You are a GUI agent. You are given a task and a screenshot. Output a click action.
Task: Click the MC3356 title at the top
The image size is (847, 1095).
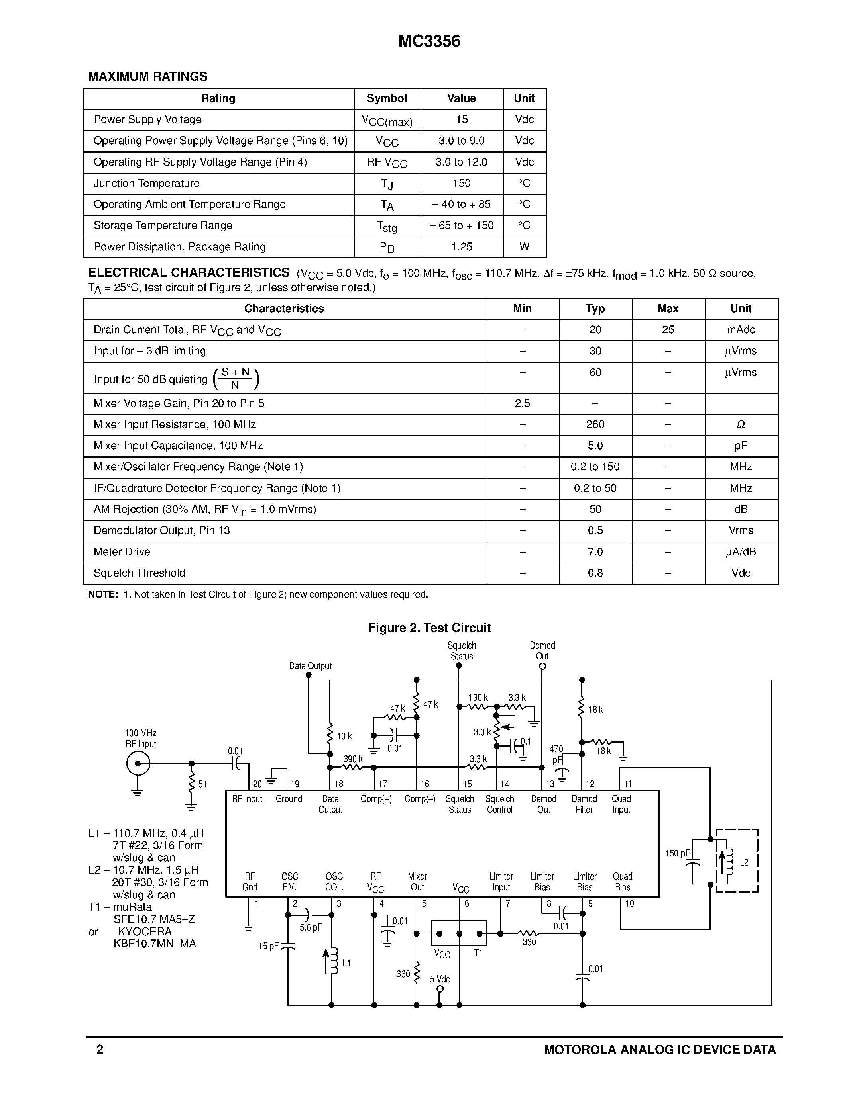point(429,41)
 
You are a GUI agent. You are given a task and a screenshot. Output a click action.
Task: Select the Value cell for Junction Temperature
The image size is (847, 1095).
point(461,184)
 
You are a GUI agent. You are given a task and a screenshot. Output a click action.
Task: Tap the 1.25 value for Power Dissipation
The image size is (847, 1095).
point(461,247)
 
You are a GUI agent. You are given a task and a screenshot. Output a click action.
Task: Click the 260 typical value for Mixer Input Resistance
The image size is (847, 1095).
point(595,425)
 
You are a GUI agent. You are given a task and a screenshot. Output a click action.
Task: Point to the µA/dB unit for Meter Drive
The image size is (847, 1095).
point(741,552)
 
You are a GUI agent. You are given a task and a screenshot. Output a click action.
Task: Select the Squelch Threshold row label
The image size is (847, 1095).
point(140,573)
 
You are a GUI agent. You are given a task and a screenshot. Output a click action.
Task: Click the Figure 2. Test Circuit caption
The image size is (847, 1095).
point(429,628)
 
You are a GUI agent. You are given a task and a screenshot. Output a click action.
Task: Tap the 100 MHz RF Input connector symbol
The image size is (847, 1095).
point(138,764)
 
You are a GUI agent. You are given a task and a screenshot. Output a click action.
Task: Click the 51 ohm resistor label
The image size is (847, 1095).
point(203,784)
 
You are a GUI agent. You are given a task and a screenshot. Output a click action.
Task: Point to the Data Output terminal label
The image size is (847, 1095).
point(310,666)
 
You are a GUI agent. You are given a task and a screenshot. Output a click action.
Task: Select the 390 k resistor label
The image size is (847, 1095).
point(353,759)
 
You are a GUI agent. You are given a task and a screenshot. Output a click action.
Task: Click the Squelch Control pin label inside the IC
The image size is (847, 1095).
point(500,804)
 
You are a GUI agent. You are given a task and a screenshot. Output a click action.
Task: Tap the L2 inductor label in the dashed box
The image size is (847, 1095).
point(744,862)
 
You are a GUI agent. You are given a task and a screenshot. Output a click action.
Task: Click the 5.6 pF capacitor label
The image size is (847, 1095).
point(311,927)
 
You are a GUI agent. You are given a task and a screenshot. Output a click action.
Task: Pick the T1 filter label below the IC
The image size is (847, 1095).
point(478,952)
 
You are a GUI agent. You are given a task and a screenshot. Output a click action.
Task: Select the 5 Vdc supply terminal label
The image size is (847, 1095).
point(440,979)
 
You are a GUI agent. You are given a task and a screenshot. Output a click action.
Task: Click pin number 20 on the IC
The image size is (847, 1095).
point(257,784)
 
